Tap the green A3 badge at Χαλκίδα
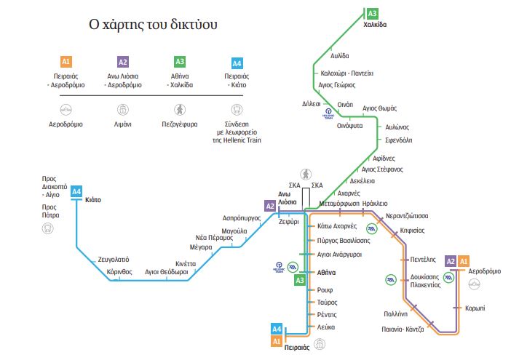[373, 13]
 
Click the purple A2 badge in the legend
[123, 62]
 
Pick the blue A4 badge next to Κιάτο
[76, 192]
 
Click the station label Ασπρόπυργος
[242, 218]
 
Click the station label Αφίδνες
[384, 158]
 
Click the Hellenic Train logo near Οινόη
[329, 116]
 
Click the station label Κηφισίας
[413, 230]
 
